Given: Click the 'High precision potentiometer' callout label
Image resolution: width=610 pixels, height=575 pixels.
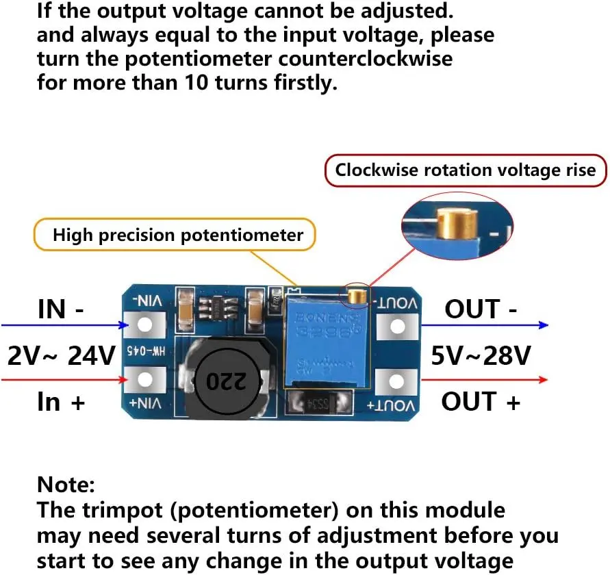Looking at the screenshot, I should click(x=178, y=235).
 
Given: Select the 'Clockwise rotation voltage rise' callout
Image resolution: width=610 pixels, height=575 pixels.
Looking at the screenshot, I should click(x=466, y=170).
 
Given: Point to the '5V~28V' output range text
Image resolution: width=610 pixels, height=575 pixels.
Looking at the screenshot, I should click(x=481, y=355).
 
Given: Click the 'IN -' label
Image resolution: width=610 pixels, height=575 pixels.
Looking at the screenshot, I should click(x=61, y=309).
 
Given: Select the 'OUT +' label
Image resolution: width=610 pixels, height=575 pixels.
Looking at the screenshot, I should click(x=481, y=401).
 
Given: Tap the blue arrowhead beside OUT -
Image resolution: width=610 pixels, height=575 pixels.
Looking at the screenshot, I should click(x=543, y=325).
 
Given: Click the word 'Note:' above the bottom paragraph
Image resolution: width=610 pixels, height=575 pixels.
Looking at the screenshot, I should click(x=66, y=485).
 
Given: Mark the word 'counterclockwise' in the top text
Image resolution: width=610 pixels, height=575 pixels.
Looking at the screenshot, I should click(x=366, y=58).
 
